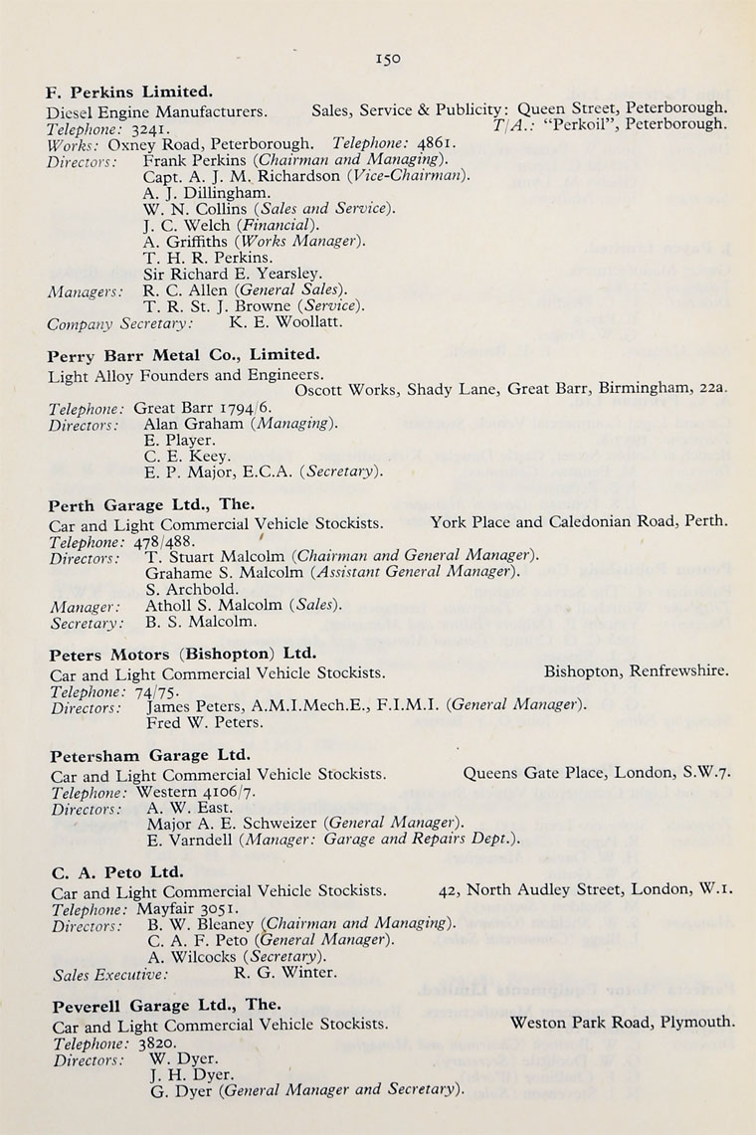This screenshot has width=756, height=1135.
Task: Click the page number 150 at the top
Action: pyautogui.click(x=388, y=60)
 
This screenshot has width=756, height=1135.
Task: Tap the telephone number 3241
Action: pyautogui.click(x=155, y=127)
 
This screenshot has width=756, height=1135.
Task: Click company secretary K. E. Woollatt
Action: pyautogui.click(x=286, y=322)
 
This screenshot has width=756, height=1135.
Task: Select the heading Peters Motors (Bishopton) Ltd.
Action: pyautogui.click(x=183, y=655)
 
